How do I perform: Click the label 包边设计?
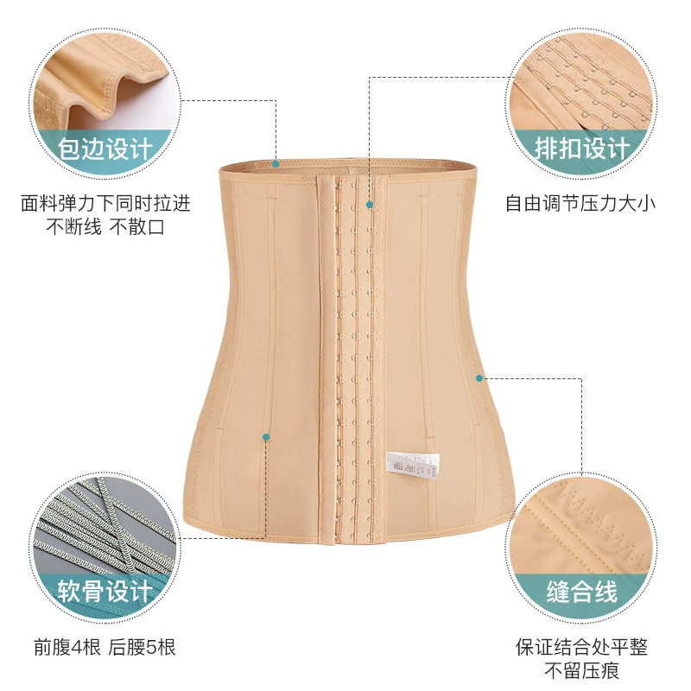click(x=105, y=149)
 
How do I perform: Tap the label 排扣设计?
click(x=582, y=148)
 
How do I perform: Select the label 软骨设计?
click(x=105, y=591)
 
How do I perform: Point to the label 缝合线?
click(x=581, y=591)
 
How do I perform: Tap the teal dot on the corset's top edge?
click(x=276, y=164)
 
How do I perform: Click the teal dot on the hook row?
click(x=370, y=205)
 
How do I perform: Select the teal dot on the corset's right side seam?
click(x=479, y=378)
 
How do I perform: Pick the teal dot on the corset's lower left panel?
click(x=266, y=437)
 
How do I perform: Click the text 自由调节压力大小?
click(x=580, y=204)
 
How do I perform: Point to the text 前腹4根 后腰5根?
click(x=105, y=647)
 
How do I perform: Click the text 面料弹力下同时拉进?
click(x=105, y=204)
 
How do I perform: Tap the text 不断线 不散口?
click(x=105, y=227)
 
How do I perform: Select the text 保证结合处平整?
click(x=581, y=647)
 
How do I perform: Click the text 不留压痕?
click(x=581, y=671)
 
